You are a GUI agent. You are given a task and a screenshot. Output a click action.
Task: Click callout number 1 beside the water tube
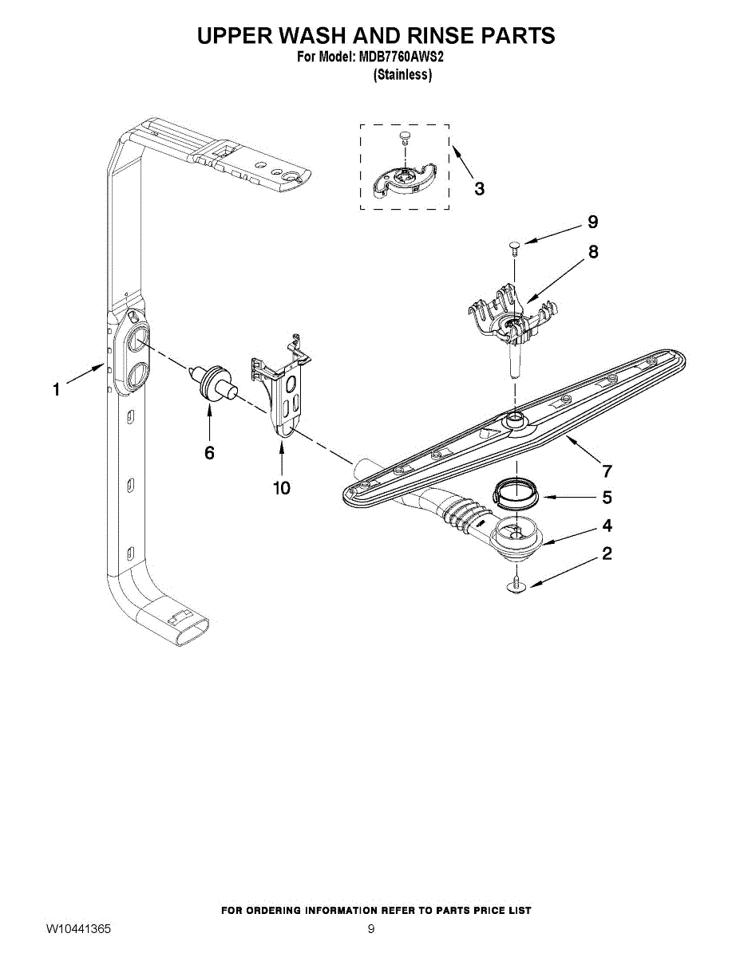click(x=56, y=390)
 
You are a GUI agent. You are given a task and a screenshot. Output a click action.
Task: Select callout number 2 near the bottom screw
click(x=607, y=553)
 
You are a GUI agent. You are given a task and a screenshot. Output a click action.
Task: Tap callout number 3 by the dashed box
click(x=478, y=189)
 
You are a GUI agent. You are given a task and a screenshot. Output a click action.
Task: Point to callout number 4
click(x=607, y=526)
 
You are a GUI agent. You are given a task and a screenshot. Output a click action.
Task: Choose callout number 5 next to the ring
click(x=607, y=498)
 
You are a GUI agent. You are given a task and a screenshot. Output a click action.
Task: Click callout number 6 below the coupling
click(x=209, y=452)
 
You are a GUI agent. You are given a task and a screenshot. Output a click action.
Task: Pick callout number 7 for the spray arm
click(x=607, y=470)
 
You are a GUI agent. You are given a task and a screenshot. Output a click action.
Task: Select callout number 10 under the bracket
click(x=282, y=487)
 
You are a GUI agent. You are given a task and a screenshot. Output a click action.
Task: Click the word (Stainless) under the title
click(x=402, y=75)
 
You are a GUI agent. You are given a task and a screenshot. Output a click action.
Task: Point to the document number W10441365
click(x=78, y=929)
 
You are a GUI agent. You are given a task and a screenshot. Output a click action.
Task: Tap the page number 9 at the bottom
click(x=370, y=929)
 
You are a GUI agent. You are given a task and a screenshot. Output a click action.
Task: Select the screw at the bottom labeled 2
click(x=517, y=586)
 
